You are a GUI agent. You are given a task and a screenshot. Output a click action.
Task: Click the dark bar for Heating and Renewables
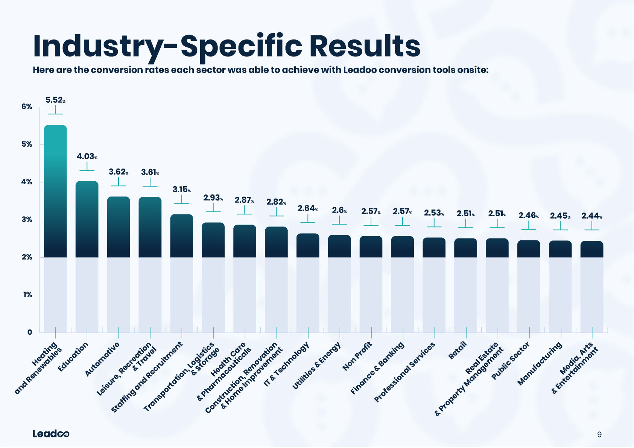(55, 191)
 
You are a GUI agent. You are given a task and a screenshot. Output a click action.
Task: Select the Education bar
(87, 219)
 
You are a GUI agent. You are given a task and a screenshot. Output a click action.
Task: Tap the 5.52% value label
(55, 100)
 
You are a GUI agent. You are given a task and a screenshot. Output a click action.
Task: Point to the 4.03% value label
(87, 156)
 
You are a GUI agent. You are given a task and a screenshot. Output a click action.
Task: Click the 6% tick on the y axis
(27, 107)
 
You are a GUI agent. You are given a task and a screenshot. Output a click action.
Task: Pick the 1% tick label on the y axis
(27, 295)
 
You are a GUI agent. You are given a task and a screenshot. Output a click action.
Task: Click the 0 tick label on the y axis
(30, 333)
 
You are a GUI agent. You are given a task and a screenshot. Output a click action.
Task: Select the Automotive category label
(102, 359)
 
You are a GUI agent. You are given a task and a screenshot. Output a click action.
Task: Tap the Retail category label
(458, 351)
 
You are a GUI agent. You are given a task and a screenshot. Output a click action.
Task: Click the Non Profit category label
(357, 356)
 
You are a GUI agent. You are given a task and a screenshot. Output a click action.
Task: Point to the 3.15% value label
(181, 190)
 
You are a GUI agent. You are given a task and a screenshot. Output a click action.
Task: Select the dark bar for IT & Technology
(308, 245)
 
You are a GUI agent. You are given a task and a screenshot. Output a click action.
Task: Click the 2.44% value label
(591, 216)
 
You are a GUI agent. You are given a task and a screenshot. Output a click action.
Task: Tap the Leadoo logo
(51, 434)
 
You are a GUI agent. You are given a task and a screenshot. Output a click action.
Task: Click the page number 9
(599, 434)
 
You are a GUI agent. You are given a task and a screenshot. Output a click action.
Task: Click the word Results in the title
(365, 46)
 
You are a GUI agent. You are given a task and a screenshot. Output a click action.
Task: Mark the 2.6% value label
(339, 211)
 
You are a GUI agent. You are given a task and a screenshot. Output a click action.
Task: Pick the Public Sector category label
(511, 361)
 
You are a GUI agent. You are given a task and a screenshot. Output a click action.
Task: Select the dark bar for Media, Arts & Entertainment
(592, 249)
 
